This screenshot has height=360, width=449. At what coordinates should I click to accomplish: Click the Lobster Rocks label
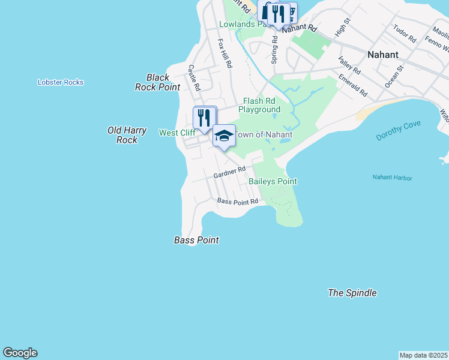click(60, 82)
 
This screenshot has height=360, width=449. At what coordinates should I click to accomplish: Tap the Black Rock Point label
click(158, 82)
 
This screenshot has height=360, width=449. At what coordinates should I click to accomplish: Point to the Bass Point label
click(196, 240)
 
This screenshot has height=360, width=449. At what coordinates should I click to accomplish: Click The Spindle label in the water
click(352, 293)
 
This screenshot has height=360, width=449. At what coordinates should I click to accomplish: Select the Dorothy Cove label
click(399, 131)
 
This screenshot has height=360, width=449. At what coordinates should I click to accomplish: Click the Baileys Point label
click(273, 181)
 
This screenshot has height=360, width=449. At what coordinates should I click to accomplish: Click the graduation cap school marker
click(224, 137)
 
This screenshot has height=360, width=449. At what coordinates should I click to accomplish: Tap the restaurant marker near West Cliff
click(204, 118)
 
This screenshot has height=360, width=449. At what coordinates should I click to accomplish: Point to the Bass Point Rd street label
click(237, 202)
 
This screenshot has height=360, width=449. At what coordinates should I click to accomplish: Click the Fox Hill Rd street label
click(224, 53)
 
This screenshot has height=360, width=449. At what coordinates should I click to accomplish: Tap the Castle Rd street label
click(193, 77)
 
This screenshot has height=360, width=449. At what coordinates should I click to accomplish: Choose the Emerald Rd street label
click(352, 85)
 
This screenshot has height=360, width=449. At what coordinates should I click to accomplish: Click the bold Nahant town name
click(382, 55)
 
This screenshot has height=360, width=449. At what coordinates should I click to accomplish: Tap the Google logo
click(20, 353)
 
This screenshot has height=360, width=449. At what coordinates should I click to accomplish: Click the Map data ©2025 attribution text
click(423, 355)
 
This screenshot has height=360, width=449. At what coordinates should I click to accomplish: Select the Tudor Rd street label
click(405, 33)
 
